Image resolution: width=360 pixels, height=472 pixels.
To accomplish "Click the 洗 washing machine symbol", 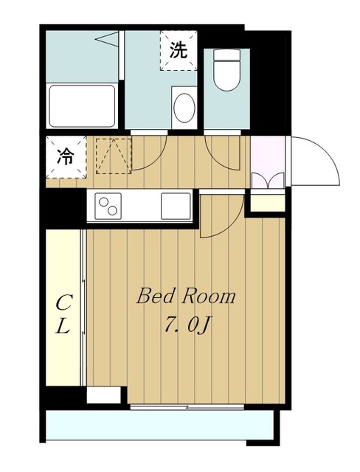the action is (179, 51).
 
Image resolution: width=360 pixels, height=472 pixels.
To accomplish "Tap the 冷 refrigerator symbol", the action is (66, 157).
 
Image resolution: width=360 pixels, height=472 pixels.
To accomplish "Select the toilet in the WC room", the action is (226, 70).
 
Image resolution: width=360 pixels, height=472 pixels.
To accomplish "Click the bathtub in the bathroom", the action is (82, 106).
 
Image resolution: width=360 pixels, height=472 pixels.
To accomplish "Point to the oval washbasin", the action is (184, 108).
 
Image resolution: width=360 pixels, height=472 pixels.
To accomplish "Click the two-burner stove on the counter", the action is (108, 206).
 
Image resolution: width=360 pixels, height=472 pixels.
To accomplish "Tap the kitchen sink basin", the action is (176, 206).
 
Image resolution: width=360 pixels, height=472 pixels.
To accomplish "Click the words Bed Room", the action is (186, 296).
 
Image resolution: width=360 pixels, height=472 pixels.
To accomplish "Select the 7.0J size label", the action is (187, 326).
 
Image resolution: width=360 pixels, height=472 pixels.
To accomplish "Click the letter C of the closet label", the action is (63, 303).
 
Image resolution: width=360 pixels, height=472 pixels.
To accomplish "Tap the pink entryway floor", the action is (268, 162).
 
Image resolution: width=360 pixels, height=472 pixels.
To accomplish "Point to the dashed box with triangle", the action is (114, 156).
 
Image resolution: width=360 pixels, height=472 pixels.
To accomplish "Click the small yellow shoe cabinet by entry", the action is (268, 203).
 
